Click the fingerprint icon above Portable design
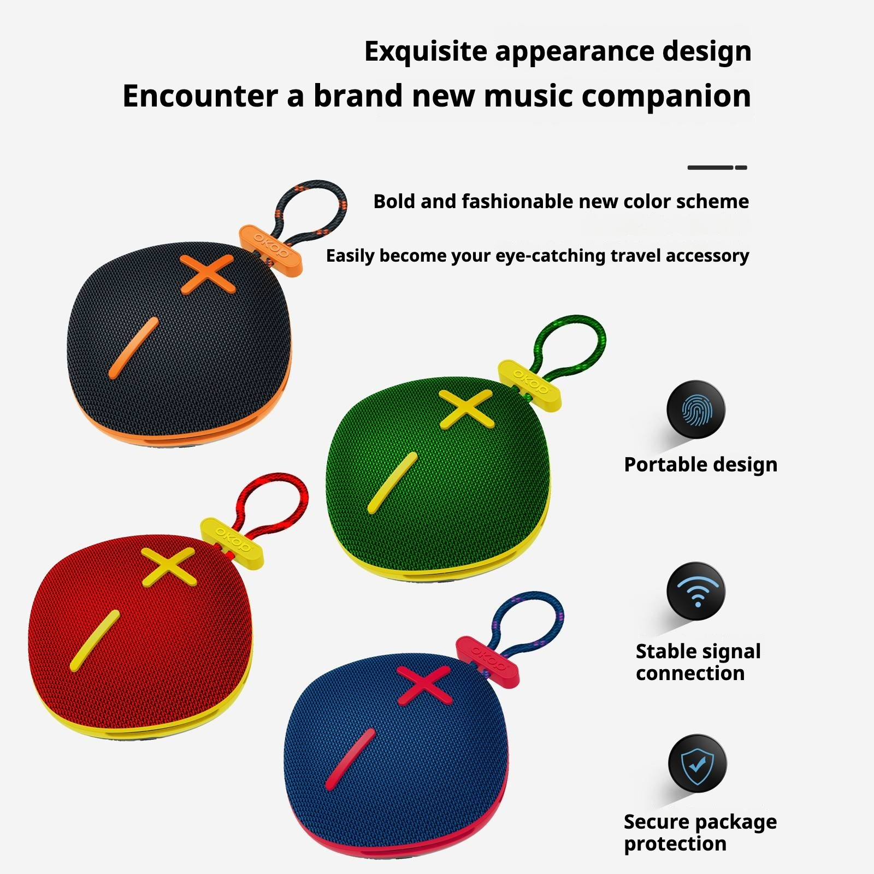pyautogui.click(x=696, y=410)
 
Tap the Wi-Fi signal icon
pyautogui.click(x=696, y=592)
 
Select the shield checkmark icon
pyautogui.click(x=698, y=763)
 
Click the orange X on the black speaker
pyautogui.click(x=208, y=274)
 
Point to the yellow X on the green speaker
pyautogui.click(x=466, y=409)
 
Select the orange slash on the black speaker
pyautogui.click(x=133, y=348)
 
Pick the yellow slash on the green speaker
pyautogui.click(x=392, y=483)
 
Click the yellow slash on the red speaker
pyautogui.click(x=95, y=641)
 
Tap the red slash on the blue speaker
pyautogui.click(x=350, y=759)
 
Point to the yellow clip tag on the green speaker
pyautogui.click(x=529, y=386)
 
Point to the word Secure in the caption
pyautogui.click(x=656, y=822)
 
